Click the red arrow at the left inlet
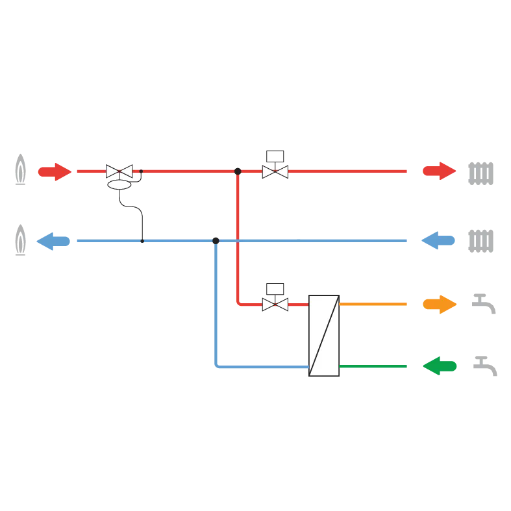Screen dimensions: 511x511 tap(54, 171)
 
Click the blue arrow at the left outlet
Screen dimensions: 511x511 tap(53, 242)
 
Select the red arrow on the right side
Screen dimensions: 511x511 tap(438, 171)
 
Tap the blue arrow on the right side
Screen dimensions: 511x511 tap(438, 241)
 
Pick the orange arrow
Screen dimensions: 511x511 tap(438, 304)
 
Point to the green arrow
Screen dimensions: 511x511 tap(439, 366)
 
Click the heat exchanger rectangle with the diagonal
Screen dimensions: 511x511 tap(324, 336)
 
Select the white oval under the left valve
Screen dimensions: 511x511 tap(119, 185)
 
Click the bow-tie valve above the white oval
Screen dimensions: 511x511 tap(119, 171)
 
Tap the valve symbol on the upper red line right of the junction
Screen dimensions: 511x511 tap(275, 171)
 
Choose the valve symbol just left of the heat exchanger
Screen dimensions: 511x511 tap(275, 304)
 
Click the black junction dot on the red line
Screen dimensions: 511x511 tap(238, 171)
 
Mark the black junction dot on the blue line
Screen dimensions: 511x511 tap(216, 241)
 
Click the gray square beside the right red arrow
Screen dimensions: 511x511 tap(480, 174)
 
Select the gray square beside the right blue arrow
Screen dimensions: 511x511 tap(480, 242)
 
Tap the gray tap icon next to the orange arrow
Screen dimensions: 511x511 tap(484, 303)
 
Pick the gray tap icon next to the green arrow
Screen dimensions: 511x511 tap(485, 366)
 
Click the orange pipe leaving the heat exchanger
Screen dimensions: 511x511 tap(374, 304)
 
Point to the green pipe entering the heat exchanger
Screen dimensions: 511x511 tap(374, 366)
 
